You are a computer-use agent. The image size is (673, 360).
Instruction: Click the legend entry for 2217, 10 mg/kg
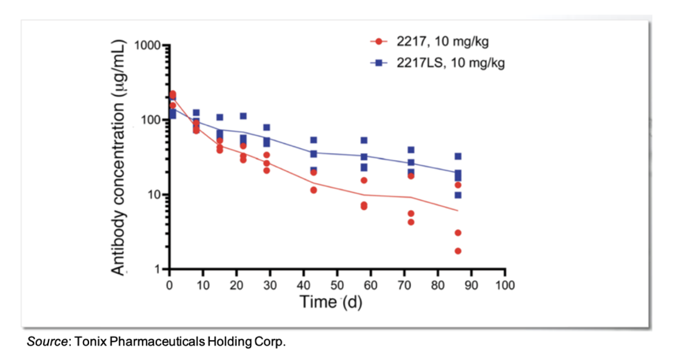[x=429, y=41]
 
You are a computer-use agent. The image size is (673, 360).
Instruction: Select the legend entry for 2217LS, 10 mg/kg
[x=437, y=62]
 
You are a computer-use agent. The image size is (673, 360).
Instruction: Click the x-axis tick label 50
[x=337, y=285]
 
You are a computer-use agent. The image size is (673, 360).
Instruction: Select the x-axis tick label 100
[x=504, y=285]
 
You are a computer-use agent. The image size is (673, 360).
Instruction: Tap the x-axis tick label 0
[x=170, y=285]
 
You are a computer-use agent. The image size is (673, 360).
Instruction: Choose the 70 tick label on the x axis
[x=404, y=285]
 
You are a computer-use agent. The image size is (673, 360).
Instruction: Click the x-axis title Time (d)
[x=331, y=302]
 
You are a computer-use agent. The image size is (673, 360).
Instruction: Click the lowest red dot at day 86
[x=458, y=251]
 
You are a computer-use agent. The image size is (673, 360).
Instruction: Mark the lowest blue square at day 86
[x=458, y=195]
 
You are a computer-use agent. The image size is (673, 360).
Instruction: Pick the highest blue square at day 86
[x=458, y=156]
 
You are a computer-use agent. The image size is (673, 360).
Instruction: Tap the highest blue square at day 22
[x=243, y=116]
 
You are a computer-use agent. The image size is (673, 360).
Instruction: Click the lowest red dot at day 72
[x=411, y=222]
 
